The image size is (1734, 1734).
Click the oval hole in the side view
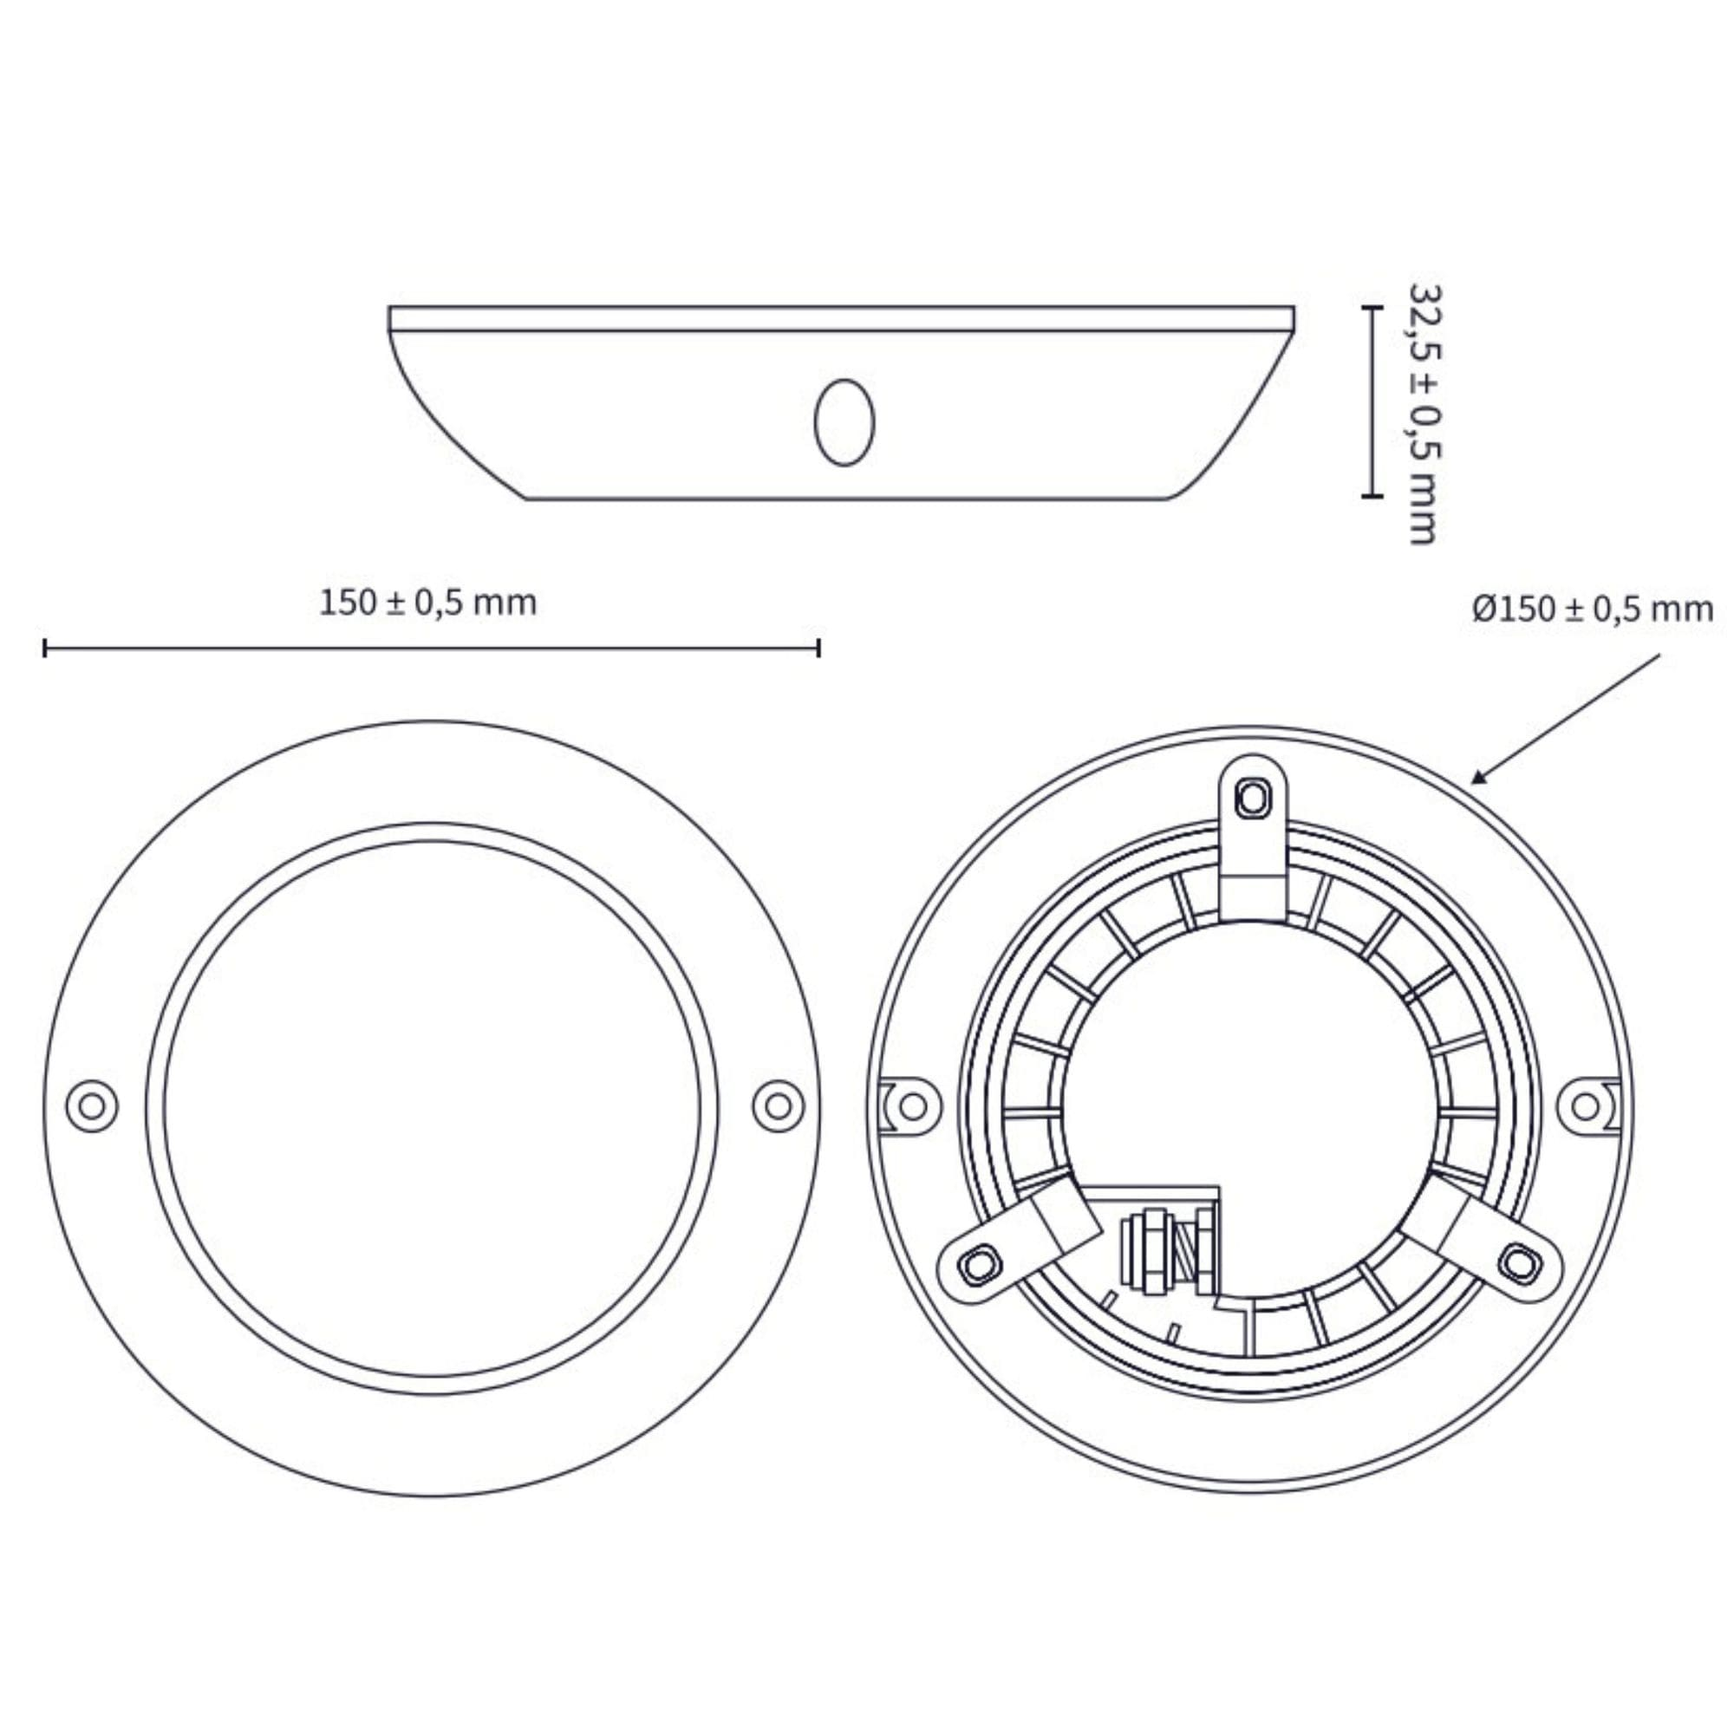point(844,422)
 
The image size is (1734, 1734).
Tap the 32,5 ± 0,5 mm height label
point(1423,414)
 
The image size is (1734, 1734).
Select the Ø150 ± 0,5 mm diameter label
point(1592,610)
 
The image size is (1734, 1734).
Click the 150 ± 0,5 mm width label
point(428,603)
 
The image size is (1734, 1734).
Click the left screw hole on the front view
point(92,1105)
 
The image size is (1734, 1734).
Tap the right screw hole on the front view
point(777,1105)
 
